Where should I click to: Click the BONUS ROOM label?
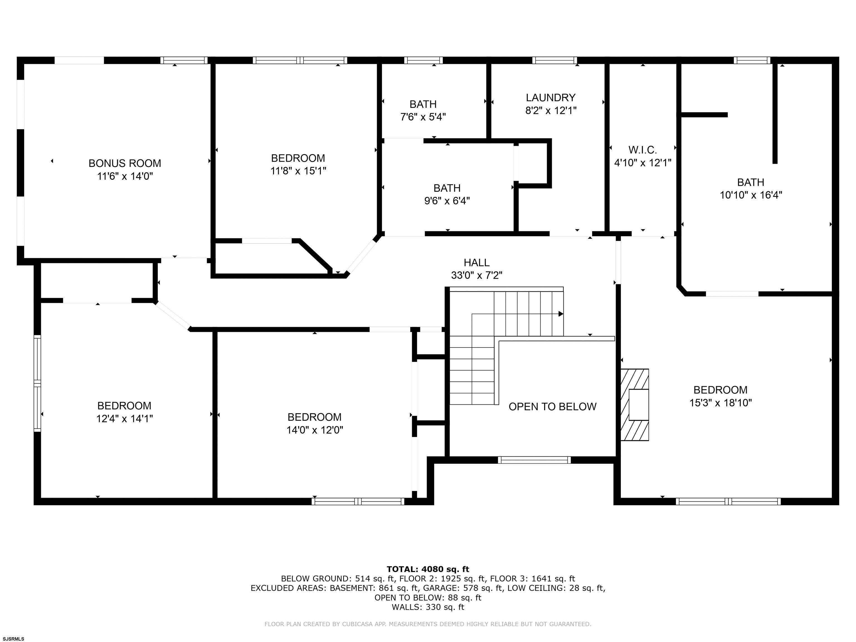[125, 163]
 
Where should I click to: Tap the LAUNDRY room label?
[551, 98]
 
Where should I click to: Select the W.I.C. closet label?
[642, 150]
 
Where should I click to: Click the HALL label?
[476, 262]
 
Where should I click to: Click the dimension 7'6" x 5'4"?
[423, 117]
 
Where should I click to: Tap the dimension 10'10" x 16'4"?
[751, 195]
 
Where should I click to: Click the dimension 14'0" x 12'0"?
[315, 430]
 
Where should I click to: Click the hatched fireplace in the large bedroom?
[635, 405]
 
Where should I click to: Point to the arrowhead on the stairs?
[561, 314]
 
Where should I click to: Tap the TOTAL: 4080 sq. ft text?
[428, 569]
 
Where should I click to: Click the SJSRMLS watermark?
[13, 639]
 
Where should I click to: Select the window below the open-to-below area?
[534, 460]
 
